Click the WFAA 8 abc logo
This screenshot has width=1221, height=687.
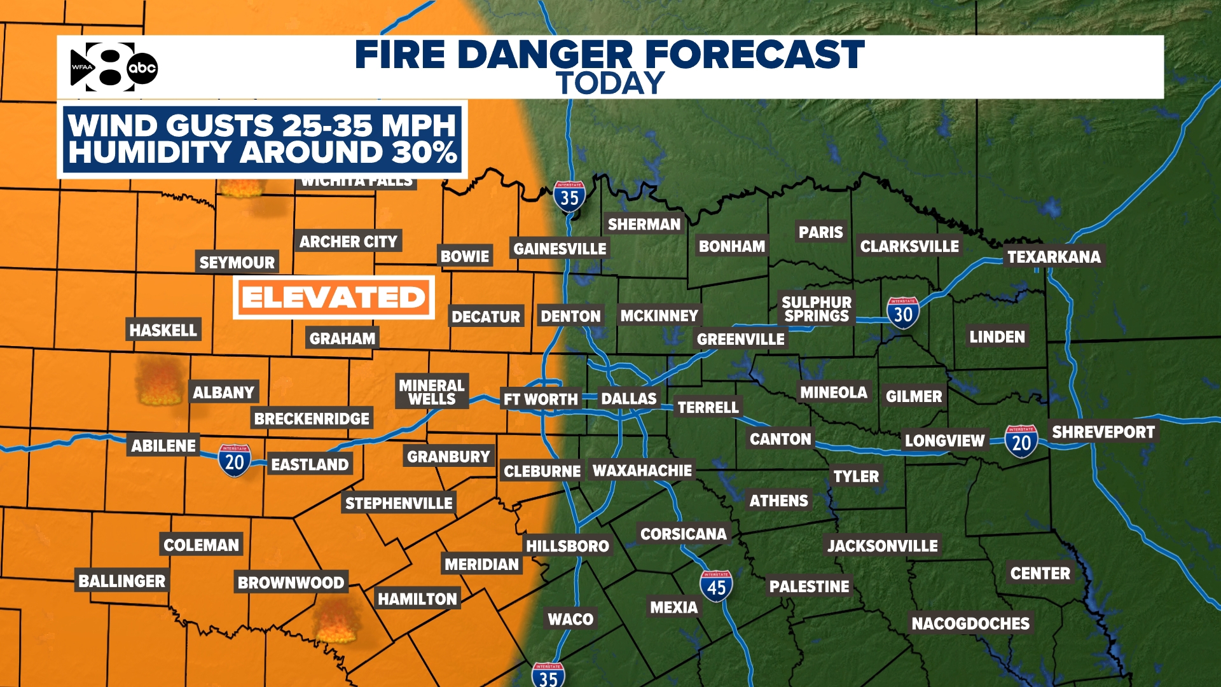(x=113, y=67)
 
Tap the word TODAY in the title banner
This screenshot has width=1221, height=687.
(x=610, y=83)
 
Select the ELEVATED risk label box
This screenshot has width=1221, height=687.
(x=333, y=298)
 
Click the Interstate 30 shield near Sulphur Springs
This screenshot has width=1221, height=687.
(x=902, y=313)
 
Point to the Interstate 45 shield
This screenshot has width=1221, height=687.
(x=716, y=586)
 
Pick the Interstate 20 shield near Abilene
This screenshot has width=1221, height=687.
(x=234, y=460)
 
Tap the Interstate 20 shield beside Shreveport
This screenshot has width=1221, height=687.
(x=1021, y=441)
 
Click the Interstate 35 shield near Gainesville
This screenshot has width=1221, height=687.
(x=569, y=197)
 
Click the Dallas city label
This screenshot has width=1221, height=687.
(x=628, y=399)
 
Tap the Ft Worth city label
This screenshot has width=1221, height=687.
(x=541, y=399)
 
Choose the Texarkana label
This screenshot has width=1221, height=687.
(x=1054, y=257)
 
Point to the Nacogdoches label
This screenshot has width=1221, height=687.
(x=970, y=623)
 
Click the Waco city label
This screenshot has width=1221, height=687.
(x=570, y=619)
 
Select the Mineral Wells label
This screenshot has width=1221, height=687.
(x=432, y=392)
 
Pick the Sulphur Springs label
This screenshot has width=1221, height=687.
(x=817, y=309)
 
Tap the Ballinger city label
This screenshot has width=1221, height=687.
(x=121, y=581)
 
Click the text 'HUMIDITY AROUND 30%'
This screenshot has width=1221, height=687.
(x=263, y=153)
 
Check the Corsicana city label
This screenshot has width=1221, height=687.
(x=683, y=534)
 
